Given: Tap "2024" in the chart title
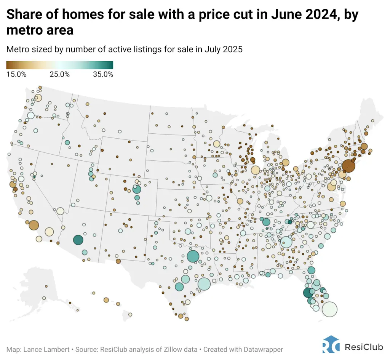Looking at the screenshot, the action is tap(320, 14).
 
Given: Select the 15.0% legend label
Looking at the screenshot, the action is tap(16, 74).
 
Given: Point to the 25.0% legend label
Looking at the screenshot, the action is tap(60, 74).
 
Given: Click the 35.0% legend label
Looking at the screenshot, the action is tap(103, 74).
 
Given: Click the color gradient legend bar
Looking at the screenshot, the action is tap(60, 65).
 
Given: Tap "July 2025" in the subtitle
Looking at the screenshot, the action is tap(224, 49).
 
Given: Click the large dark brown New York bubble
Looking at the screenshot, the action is tap(348, 166).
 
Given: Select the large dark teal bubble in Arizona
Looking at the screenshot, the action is tap(78, 240).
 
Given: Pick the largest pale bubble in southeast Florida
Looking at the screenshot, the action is tap(329, 309).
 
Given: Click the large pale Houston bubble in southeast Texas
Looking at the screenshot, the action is tap(204, 284).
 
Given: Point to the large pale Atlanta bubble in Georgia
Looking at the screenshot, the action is tap(286, 242).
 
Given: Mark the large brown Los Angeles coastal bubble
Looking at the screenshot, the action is tap(34, 226).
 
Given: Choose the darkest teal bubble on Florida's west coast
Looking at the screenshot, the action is tap(308, 293).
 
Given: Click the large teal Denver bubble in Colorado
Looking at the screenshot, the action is tap(137, 190).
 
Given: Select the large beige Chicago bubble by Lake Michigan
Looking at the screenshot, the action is tap(255, 170).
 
